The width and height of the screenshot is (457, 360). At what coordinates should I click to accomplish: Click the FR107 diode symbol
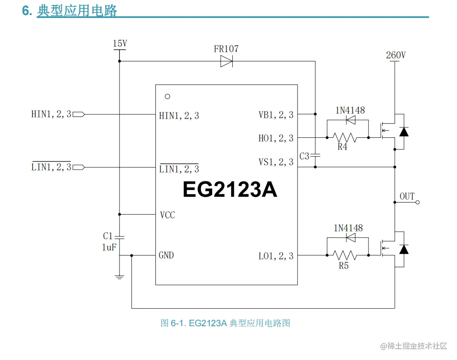click(x=226, y=62)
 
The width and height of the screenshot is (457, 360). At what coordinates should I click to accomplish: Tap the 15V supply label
click(x=120, y=43)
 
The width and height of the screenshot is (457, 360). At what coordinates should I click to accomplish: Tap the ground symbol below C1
click(x=119, y=277)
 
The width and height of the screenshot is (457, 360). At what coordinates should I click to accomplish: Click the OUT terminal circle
click(x=417, y=202)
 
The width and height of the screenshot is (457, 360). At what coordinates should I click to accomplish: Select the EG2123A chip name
click(x=230, y=190)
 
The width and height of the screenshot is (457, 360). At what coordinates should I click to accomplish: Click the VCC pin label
click(x=168, y=215)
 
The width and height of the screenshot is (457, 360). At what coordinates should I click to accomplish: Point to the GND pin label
click(x=166, y=255)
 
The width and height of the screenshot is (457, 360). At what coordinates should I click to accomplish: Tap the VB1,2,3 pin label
click(x=276, y=115)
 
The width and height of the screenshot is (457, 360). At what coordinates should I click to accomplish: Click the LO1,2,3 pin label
click(x=276, y=256)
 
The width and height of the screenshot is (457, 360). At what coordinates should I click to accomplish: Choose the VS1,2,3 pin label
click(x=276, y=162)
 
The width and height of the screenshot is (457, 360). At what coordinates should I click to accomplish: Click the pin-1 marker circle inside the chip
click(x=168, y=96)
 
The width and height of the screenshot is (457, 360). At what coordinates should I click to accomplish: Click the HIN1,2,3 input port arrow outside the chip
click(x=79, y=114)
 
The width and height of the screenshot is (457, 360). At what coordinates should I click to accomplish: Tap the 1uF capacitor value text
click(x=109, y=247)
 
